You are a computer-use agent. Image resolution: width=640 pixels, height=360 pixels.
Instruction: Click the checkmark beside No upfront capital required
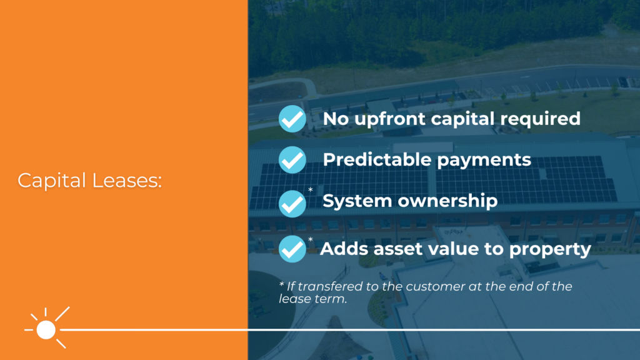coord(292,118)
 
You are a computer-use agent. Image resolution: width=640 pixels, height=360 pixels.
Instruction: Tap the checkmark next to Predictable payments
coord(292,160)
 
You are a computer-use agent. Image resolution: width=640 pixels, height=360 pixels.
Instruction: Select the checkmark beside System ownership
coord(292,203)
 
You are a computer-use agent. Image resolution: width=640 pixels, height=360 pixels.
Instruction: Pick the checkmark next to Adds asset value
coord(292,249)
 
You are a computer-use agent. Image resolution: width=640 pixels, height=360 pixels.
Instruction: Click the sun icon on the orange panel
coord(46,329)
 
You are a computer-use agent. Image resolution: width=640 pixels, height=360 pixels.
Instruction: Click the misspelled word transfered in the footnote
coord(331,286)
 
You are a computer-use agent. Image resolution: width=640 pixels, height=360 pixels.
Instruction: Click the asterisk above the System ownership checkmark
coord(310,189)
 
